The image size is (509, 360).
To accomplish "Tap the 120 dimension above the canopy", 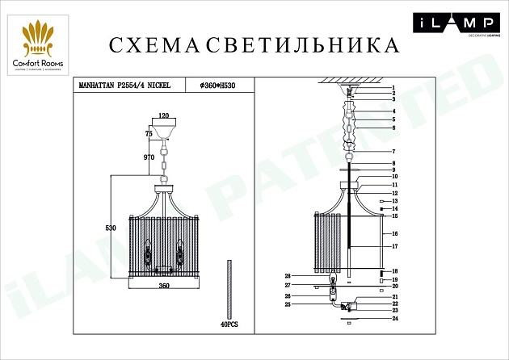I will tap(164, 116).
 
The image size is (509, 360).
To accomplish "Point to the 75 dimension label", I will tap(149, 133).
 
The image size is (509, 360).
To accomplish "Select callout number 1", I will tap(392, 87).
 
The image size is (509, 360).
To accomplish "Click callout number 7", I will tap(392, 152).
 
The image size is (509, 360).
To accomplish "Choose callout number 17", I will tap(395, 245).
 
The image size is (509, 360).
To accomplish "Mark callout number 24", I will tap(395, 318).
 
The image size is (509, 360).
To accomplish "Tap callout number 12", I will tap(395, 194).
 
